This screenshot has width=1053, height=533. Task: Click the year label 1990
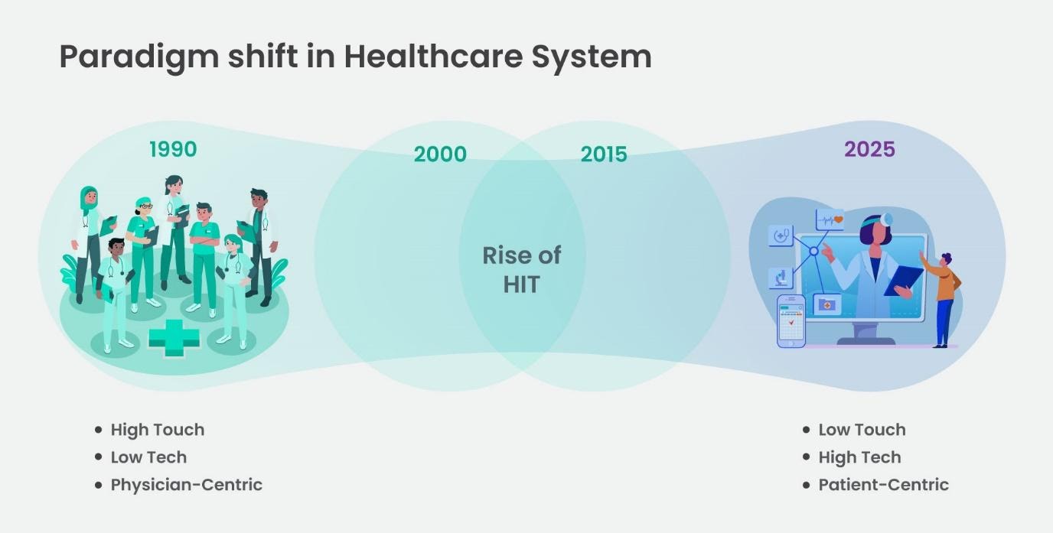click(x=173, y=149)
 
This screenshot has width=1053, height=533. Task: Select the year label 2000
click(x=440, y=154)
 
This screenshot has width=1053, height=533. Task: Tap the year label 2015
click(x=604, y=154)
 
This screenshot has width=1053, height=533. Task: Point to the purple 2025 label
click(x=869, y=149)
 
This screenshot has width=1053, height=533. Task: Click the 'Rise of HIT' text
click(x=521, y=269)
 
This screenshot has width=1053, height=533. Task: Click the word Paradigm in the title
click(x=138, y=57)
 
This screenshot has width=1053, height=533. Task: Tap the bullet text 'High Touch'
click(x=158, y=430)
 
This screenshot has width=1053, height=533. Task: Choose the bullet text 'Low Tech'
click(x=148, y=457)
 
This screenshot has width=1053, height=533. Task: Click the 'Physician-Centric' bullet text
click(x=186, y=485)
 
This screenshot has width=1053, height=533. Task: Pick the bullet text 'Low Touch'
click(x=862, y=430)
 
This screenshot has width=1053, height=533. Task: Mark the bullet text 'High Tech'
click(x=859, y=457)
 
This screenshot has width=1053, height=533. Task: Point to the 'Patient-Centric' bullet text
click(x=883, y=485)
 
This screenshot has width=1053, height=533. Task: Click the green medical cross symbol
click(x=174, y=338)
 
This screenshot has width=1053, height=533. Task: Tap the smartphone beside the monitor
click(x=791, y=321)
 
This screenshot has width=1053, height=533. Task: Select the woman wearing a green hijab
click(x=88, y=229)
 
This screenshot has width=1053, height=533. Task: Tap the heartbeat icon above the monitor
click(x=830, y=220)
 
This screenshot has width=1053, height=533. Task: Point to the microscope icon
click(x=781, y=278)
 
